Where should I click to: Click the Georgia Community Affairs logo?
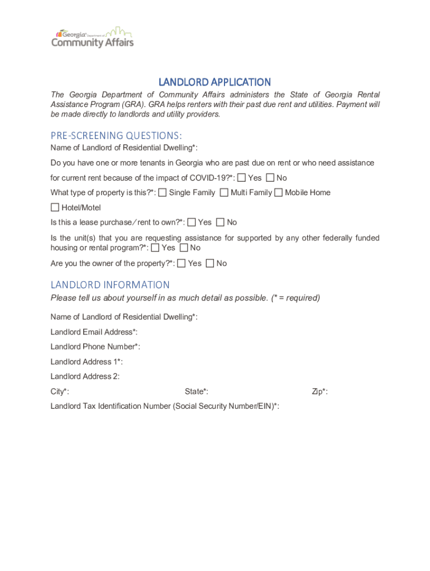pyautogui.click(x=93, y=37)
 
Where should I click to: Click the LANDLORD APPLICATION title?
pyautogui.click(x=215, y=82)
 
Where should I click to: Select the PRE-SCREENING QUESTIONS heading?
pyautogui.click(x=116, y=136)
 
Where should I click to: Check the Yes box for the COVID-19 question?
pyautogui.click(x=241, y=178)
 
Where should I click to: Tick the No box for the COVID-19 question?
pyautogui.click(x=270, y=178)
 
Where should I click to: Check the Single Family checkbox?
pyautogui.click(x=163, y=192)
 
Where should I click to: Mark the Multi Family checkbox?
pyautogui.click(x=224, y=192)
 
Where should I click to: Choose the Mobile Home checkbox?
pyautogui.click(x=278, y=192)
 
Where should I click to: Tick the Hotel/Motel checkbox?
pyautogui.click(x=55, y=207)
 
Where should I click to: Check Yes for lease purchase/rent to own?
pyautogui.click(x=192, y=222)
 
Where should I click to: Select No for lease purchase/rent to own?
pyautogui.click(x=220, y=222)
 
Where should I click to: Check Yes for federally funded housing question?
pyautogui.click(x=155, y=248)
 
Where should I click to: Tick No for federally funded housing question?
pyautogui.click(x=184, y=248)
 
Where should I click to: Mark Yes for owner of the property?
pyautogui.click(x=181, y=263)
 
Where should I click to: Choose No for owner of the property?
pyautogui.click(x=210, y=263)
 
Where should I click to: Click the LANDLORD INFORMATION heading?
pyautogui.click(x=110, y=285)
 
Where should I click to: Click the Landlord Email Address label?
pyautogui.click(x=94, y=332)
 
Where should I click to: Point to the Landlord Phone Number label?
pyautogui.click(x=95, y=347)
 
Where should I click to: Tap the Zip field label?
pyautogui.click(x=319, y=391)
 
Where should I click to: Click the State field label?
pyautogui.click(x=197, y=391)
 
